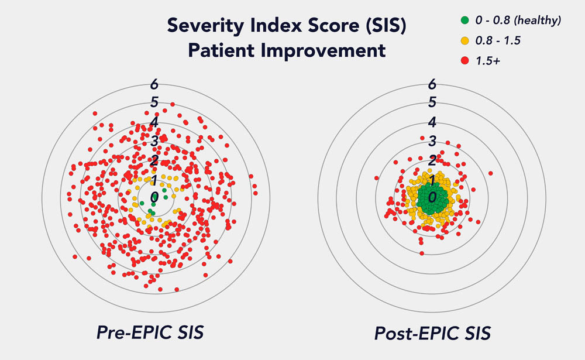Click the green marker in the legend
[x=465, y=21]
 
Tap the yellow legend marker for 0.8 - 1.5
[x=465, y=41]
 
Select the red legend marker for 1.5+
[x=465, y=61]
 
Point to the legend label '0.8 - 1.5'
[x=500, y=41]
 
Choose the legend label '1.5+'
[x=488, y=61]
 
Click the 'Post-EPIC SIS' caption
[x=432, y=334]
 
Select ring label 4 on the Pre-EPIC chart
[x=154, y=122]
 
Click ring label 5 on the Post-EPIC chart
[x=432, y=102]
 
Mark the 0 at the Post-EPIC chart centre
[x=432, y=197]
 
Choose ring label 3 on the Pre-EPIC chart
[x=154, y=141]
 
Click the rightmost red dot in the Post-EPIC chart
[x=490, y=173]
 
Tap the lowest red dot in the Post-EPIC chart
[x=421, y=253]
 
